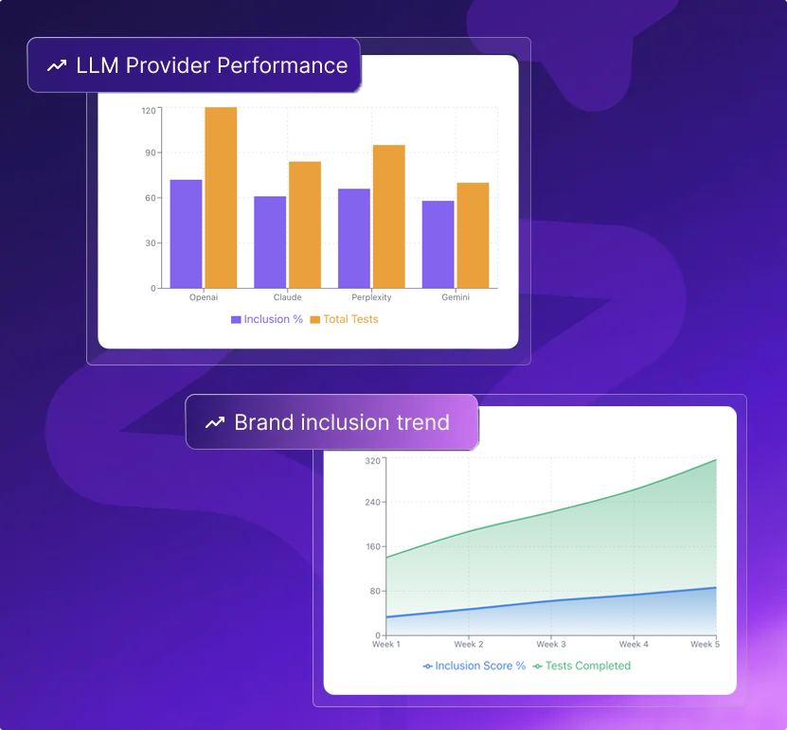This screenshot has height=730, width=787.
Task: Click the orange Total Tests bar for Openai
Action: pyautogui.click(x=221, y=198)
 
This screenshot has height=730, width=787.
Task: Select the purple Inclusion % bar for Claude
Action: pyautogui.click(x=270, y=242)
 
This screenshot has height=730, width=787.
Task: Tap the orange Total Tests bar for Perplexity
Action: pyautogui.click(x=389, y=217)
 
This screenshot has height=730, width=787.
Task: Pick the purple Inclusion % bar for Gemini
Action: pyautogui.click(x=438, y=244)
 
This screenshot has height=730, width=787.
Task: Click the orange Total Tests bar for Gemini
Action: pyautogui.click(x=473, y=236)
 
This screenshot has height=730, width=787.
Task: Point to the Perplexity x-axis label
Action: pyautogui.click(x=371, y=297)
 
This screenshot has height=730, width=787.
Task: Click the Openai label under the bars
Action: pyautogui.click(x=204, y=297)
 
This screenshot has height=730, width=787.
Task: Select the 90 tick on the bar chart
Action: pyautogui.click(x=151, y=152)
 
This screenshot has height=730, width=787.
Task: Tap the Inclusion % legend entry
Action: pyautogui.click(x=267, y=319)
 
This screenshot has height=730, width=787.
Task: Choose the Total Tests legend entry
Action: pyautogui.click(x=345, y=319)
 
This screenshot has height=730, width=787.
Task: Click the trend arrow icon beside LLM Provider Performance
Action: pyautogui.click(x=57, y=65)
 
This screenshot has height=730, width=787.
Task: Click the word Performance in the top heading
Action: pyautogui.click(x=282, y=65)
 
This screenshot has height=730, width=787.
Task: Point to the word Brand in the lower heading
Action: pyautogui.click(x=264, y=422)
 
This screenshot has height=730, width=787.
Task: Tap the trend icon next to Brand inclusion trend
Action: pyautogui.click(x=215, y=422)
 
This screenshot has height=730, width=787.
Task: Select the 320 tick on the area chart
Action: pyautogui.click(x=372, y=460)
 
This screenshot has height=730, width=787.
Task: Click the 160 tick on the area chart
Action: pyautogui.click(x=373, y=546)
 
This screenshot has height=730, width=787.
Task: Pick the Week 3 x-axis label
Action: pyautogui.click(x=551, y=644)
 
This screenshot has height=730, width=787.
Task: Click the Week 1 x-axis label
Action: pyautogui.click(x=386, y=644)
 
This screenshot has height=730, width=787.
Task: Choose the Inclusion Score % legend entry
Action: pyautogui.click(x=474, y=666)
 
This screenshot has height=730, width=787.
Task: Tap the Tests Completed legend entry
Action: pyautogui.click(x=581, y=666)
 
